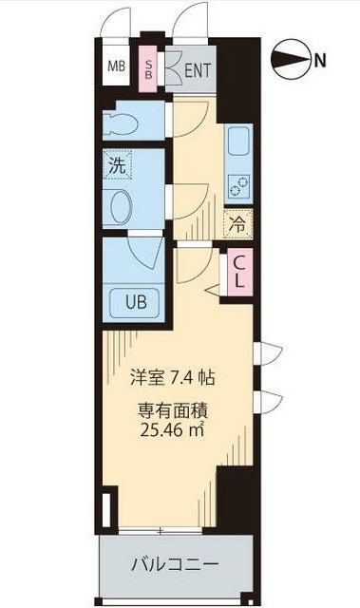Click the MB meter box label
coord(116,66)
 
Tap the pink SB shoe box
coord(148,69)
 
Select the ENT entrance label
coord(198,71)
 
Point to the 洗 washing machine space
coord(118,164)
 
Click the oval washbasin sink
coord(122,207)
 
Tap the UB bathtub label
coord(136,301)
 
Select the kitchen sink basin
coord(238,141)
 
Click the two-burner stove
coord(238,185)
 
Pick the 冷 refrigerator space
coord(237,224)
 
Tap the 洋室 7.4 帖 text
coord(173,378)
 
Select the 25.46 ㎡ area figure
coord(172,429)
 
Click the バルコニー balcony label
coord(175,564)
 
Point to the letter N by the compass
coord(320,61)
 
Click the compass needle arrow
coord(293,60)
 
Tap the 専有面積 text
coord(173,411)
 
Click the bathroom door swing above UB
coord(145,253)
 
